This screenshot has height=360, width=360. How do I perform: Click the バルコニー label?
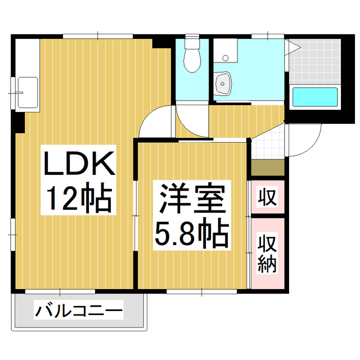click(79, 310)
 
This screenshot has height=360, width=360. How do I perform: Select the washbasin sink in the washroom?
click(224, 84)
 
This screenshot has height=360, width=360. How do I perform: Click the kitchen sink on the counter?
click(27, 91)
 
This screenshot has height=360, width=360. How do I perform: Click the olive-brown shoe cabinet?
click(268, 168)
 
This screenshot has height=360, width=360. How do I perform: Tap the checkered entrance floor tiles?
click(268, 145)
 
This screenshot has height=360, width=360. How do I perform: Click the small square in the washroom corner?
click(225, 57)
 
